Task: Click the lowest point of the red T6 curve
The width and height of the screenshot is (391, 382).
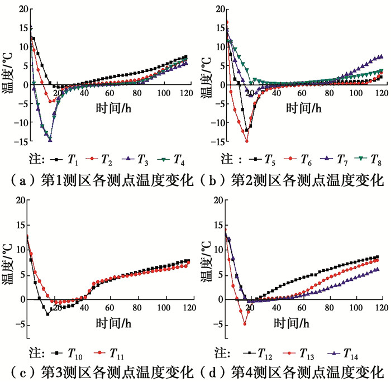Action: [x=247, y=141]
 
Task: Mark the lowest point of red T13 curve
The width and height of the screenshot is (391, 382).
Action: [x=245, y=323]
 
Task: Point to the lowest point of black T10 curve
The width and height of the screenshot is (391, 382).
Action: [x=47, y=314]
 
